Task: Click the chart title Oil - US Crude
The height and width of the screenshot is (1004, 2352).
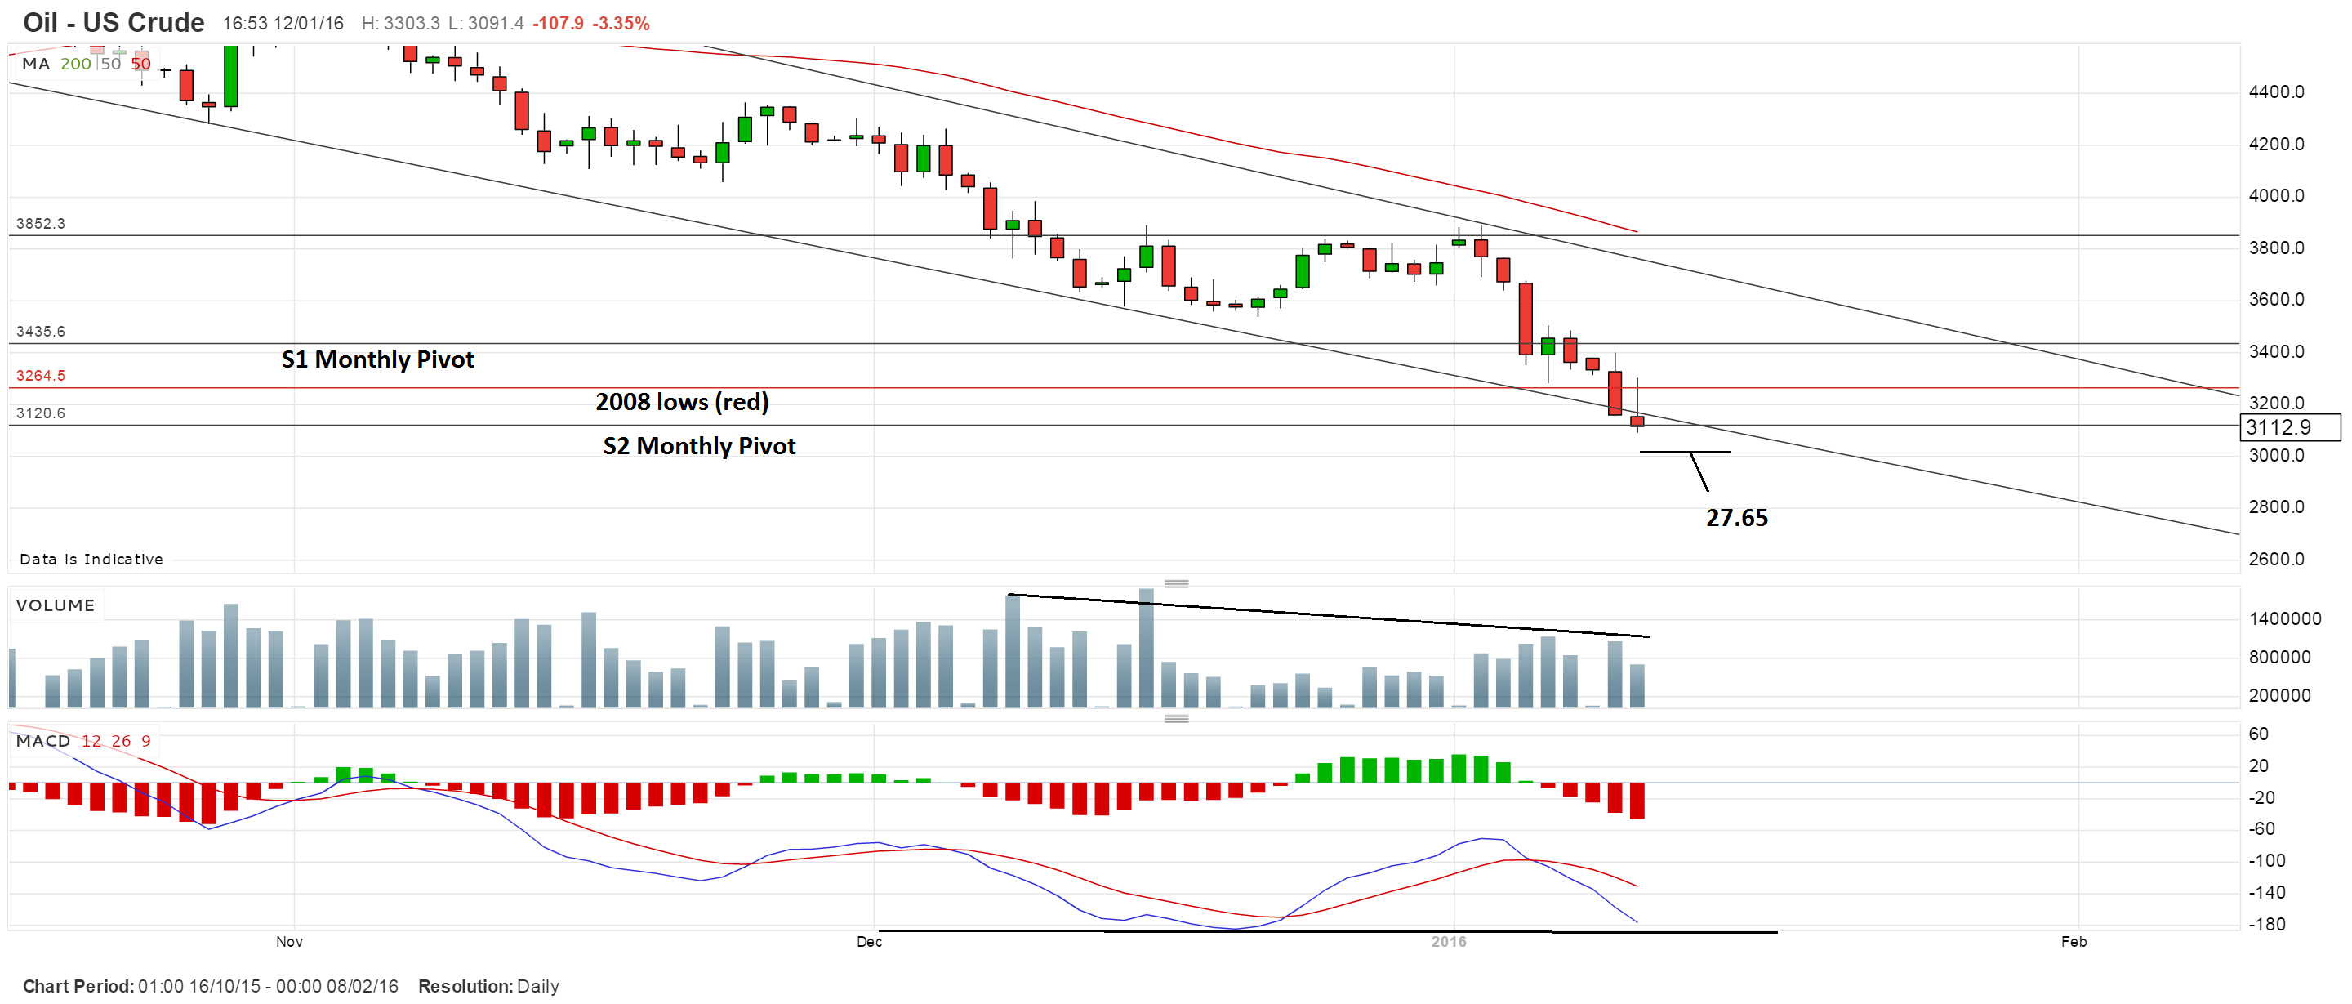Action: [x=114, y=22]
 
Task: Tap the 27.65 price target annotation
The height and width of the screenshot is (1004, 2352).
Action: [x=1736, y=518]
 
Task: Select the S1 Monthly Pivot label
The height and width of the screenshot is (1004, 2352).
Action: [x=377, y=360]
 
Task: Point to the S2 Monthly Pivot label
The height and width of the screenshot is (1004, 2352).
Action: [x=699, y=446]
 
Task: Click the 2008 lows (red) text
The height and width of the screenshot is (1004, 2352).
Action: [x=681, y=402]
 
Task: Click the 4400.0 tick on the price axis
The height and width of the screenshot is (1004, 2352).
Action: [x=2276, y=91]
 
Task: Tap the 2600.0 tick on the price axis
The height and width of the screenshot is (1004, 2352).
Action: [x=2276, y=559]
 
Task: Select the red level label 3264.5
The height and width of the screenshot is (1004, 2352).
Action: [x=40, y=376]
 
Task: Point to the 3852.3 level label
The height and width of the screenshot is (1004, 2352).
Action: [x=40, y=224]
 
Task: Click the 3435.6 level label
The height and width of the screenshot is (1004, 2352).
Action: [x=40, y=332]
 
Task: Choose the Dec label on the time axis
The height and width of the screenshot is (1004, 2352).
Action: [x=869, y=942]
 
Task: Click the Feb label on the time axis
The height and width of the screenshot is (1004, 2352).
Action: [x=2074, y=942]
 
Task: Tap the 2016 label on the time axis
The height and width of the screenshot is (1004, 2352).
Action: [x=1449, y=942]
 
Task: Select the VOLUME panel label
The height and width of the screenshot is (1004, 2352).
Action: [x=55, y=605]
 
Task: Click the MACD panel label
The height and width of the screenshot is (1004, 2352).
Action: [x=43, y=741]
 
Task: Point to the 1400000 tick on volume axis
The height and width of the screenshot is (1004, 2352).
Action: [x=2284, y=619]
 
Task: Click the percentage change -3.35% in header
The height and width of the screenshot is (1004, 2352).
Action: [x=621, y=23]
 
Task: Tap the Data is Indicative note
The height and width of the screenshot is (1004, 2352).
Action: [x=91, y=559]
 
